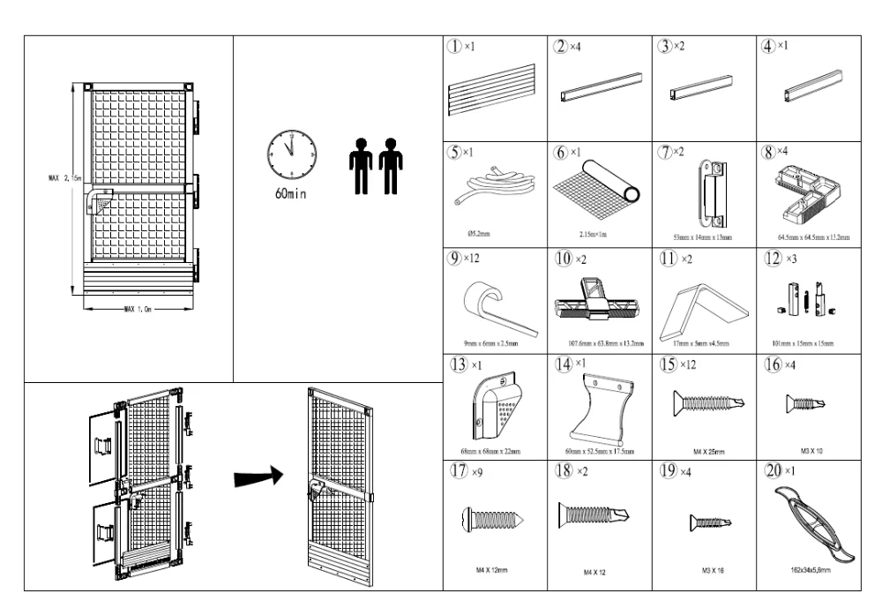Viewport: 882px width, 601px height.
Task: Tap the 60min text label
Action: (290, 195)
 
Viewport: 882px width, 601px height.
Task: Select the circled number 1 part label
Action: (457, 46)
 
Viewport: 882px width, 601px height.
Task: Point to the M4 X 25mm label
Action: (703, 449)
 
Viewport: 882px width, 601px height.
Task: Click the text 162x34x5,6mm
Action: (810, 571)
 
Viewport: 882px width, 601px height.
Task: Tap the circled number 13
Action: (457, 364)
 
